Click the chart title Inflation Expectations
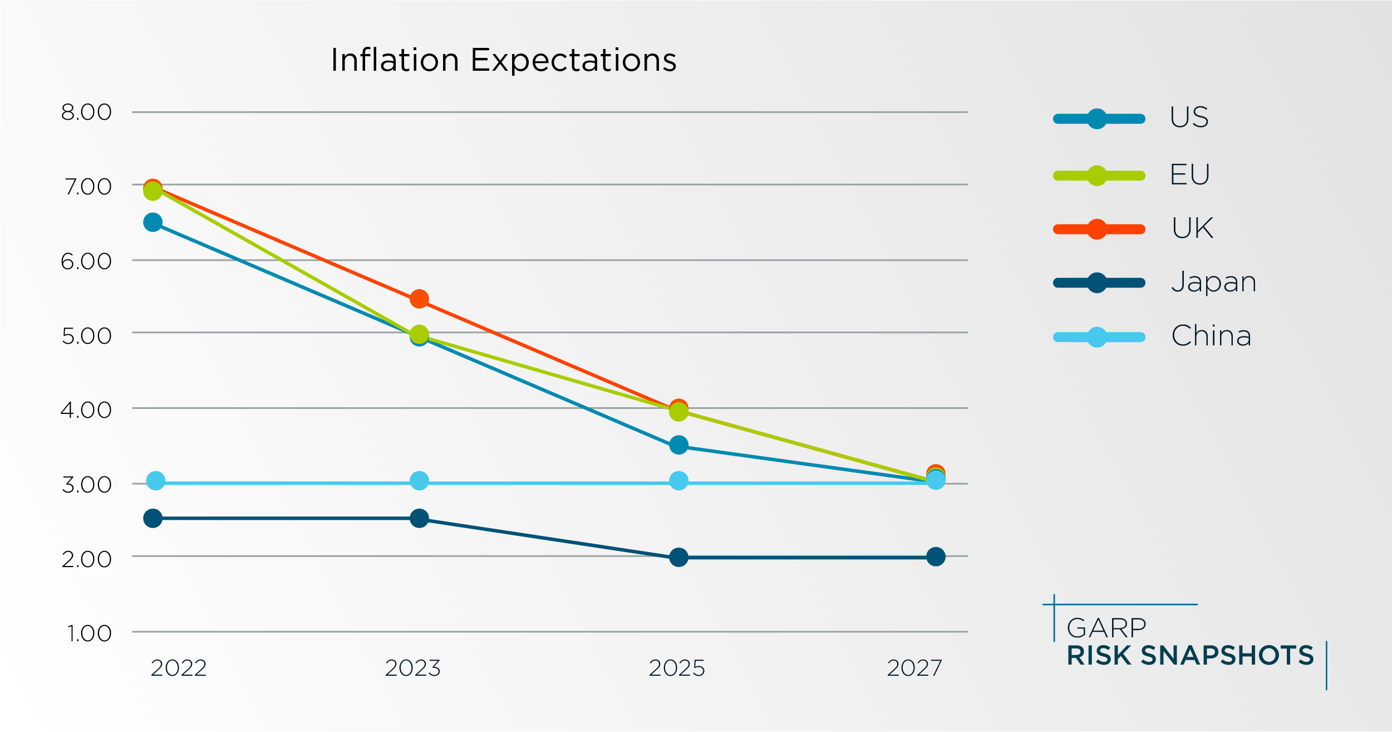(x=503, y=60)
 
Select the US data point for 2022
(x=153, y=223)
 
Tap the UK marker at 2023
(x=419, y=299)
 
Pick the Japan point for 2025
(x=678, y=557)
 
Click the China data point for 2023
(x=419, y=481)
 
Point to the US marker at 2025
(x=678, y=445)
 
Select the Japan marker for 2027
(x=936, y=557)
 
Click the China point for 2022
(x=156, y=481)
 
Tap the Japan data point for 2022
(x=153, y=519)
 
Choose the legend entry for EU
(x=1190, y=175)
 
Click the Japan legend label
(x=1214, y=282)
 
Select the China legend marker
(x=1096, y=337)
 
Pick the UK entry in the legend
(x=1192, y=228)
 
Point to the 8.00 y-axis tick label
(x=86, y=113)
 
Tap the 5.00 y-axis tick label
(x=86, y=336)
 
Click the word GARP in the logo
(x=1106, y=628)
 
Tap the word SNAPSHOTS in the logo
(x=1227, y=656)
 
